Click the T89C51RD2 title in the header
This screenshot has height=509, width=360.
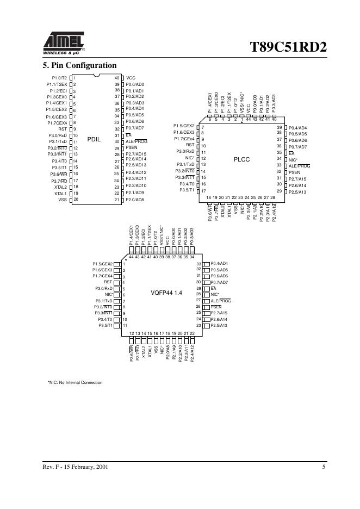click(x=288, y=47)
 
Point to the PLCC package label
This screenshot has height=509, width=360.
click(x=241, y=159)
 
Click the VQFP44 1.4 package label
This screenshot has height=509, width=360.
click(x=166, y=293)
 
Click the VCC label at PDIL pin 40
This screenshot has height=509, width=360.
click(x=131, y=78)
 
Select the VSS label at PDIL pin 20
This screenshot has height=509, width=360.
click(x=62, y=200)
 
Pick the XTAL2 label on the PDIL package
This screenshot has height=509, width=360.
click(x=60, y=187)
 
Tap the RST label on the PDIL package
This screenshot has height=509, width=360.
click(x=62, y=129)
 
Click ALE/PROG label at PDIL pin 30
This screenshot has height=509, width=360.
click(x=136, y=141)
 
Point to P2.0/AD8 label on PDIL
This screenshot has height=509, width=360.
click(x=135, y=200)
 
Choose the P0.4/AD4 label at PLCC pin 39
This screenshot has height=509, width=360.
click(x=297, y=127)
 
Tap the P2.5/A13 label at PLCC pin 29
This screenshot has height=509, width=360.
click(x=297, y=191)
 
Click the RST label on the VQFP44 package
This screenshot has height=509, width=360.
click(x=108, y=282)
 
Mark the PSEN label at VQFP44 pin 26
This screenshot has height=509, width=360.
click(x=216, y=307)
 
